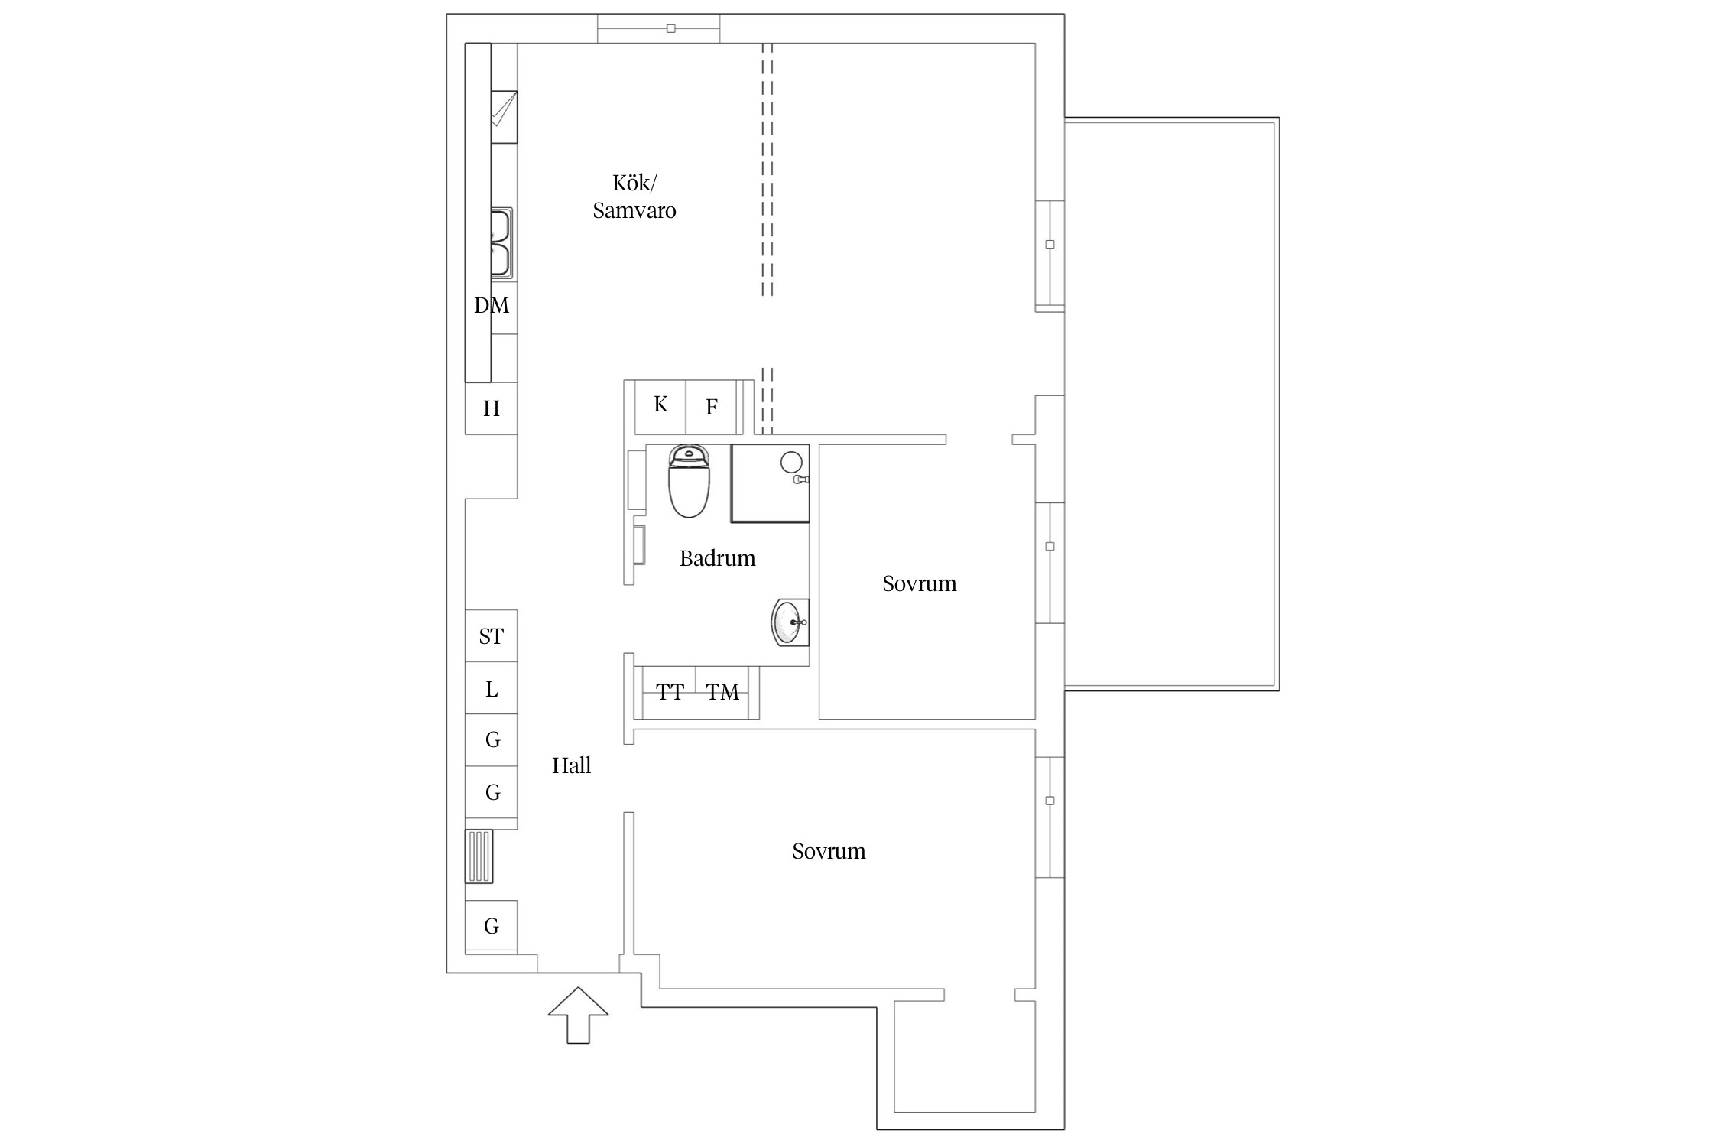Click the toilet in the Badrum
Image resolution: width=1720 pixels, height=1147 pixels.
point(689,482)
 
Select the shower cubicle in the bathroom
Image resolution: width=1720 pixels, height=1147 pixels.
point(770,483)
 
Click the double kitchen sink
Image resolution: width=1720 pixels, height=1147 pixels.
point(501,242)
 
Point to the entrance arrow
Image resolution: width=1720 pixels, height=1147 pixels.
point(578,1015)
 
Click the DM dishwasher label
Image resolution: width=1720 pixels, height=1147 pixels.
point(492,306)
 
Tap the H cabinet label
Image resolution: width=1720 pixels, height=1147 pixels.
point(492,409)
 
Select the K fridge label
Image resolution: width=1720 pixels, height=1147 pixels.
point(660,404)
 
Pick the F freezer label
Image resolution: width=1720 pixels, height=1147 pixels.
point(712,407)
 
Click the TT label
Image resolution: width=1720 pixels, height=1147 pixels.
point(670,693)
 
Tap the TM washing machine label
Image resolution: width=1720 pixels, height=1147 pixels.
point(722,693)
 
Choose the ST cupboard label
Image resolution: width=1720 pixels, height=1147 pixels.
point(492,636)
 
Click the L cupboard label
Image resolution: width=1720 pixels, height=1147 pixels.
point(492,690)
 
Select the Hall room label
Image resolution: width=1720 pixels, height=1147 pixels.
point(572,765)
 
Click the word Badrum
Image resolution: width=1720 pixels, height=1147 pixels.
point(717,558)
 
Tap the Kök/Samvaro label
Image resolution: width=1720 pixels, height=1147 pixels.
point(634,197)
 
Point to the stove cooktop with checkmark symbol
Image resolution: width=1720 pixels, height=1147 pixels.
point(504,117)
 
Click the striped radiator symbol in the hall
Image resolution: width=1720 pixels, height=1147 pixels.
point(479,856)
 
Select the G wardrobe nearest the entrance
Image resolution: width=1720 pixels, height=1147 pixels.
point(492,926)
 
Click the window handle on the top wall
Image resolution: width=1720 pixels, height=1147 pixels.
point(671,28)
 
